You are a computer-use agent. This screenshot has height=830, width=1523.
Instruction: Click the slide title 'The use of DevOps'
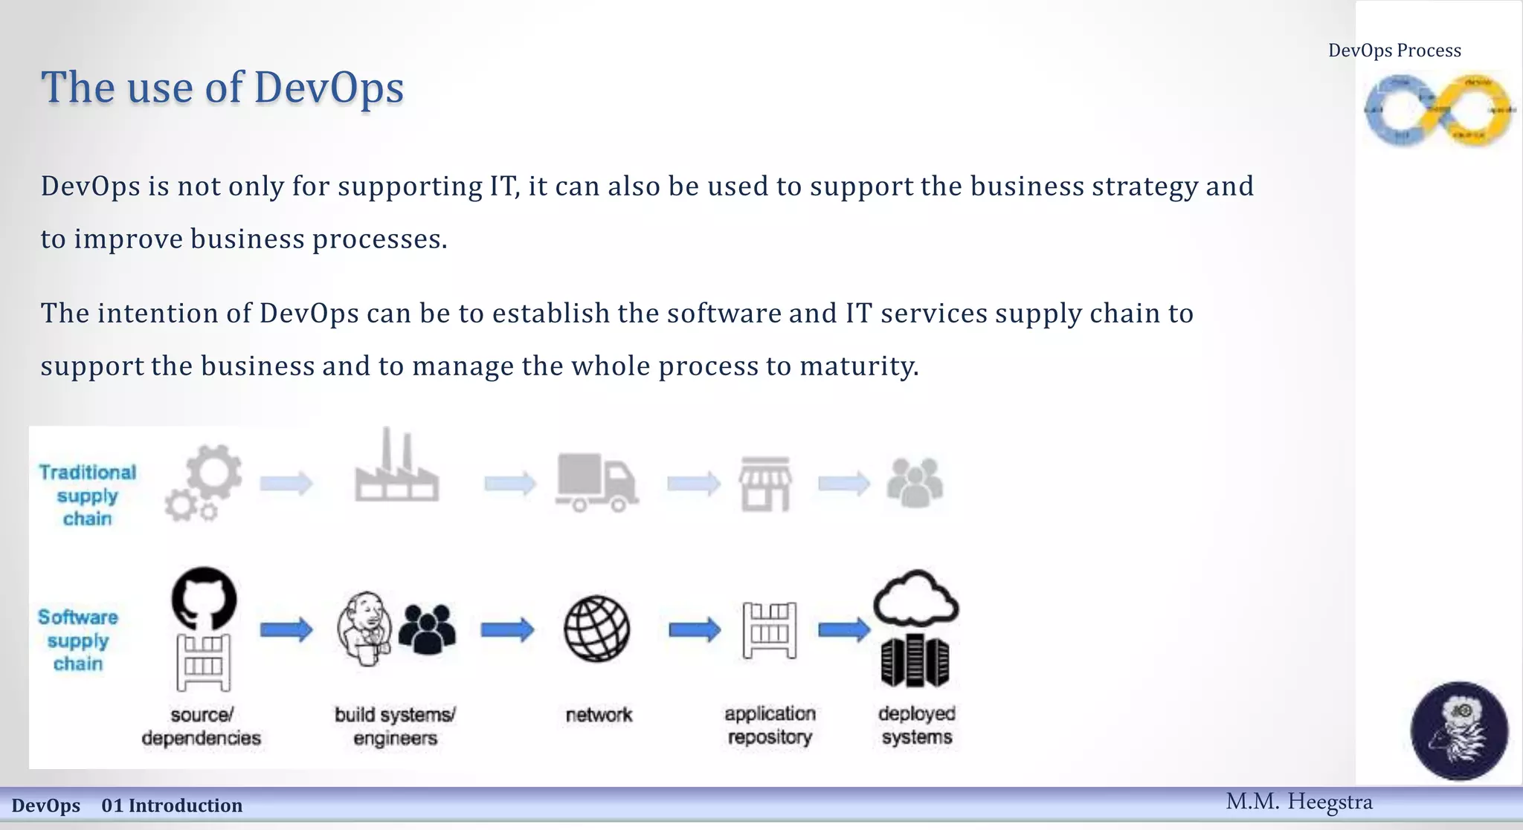click(222, 88)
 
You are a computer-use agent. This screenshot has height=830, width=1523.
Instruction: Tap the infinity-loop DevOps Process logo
click(1438, 110)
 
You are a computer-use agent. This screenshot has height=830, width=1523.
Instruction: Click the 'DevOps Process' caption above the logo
click(1394, 51)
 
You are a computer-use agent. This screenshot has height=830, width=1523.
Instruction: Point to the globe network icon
click(597, 629)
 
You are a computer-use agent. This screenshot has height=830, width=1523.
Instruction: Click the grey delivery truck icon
click(596, 483)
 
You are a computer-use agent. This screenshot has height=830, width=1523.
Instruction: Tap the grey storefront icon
click(765, 484)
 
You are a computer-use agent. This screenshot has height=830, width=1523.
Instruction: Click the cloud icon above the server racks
click(915, 598)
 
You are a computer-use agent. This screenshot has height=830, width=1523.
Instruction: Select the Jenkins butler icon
click(364, 629)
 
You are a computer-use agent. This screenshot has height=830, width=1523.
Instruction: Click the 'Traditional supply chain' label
click(88, 495)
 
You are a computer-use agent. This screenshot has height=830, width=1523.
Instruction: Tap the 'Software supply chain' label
click(78, 640)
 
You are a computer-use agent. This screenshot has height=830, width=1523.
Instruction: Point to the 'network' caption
click(599, 715)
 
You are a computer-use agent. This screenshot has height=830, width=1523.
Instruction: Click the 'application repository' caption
click(770, 725)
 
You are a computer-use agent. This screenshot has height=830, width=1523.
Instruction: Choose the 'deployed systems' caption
click(917, 725)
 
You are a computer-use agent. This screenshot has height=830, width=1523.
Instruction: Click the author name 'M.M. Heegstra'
click(1298, 802)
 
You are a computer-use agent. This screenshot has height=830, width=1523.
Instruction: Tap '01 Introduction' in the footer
click(172, 805)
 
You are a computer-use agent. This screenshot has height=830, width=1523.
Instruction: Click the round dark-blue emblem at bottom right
click(1459, 730)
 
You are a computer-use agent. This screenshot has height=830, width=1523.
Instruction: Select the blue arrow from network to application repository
click(694, 630)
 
